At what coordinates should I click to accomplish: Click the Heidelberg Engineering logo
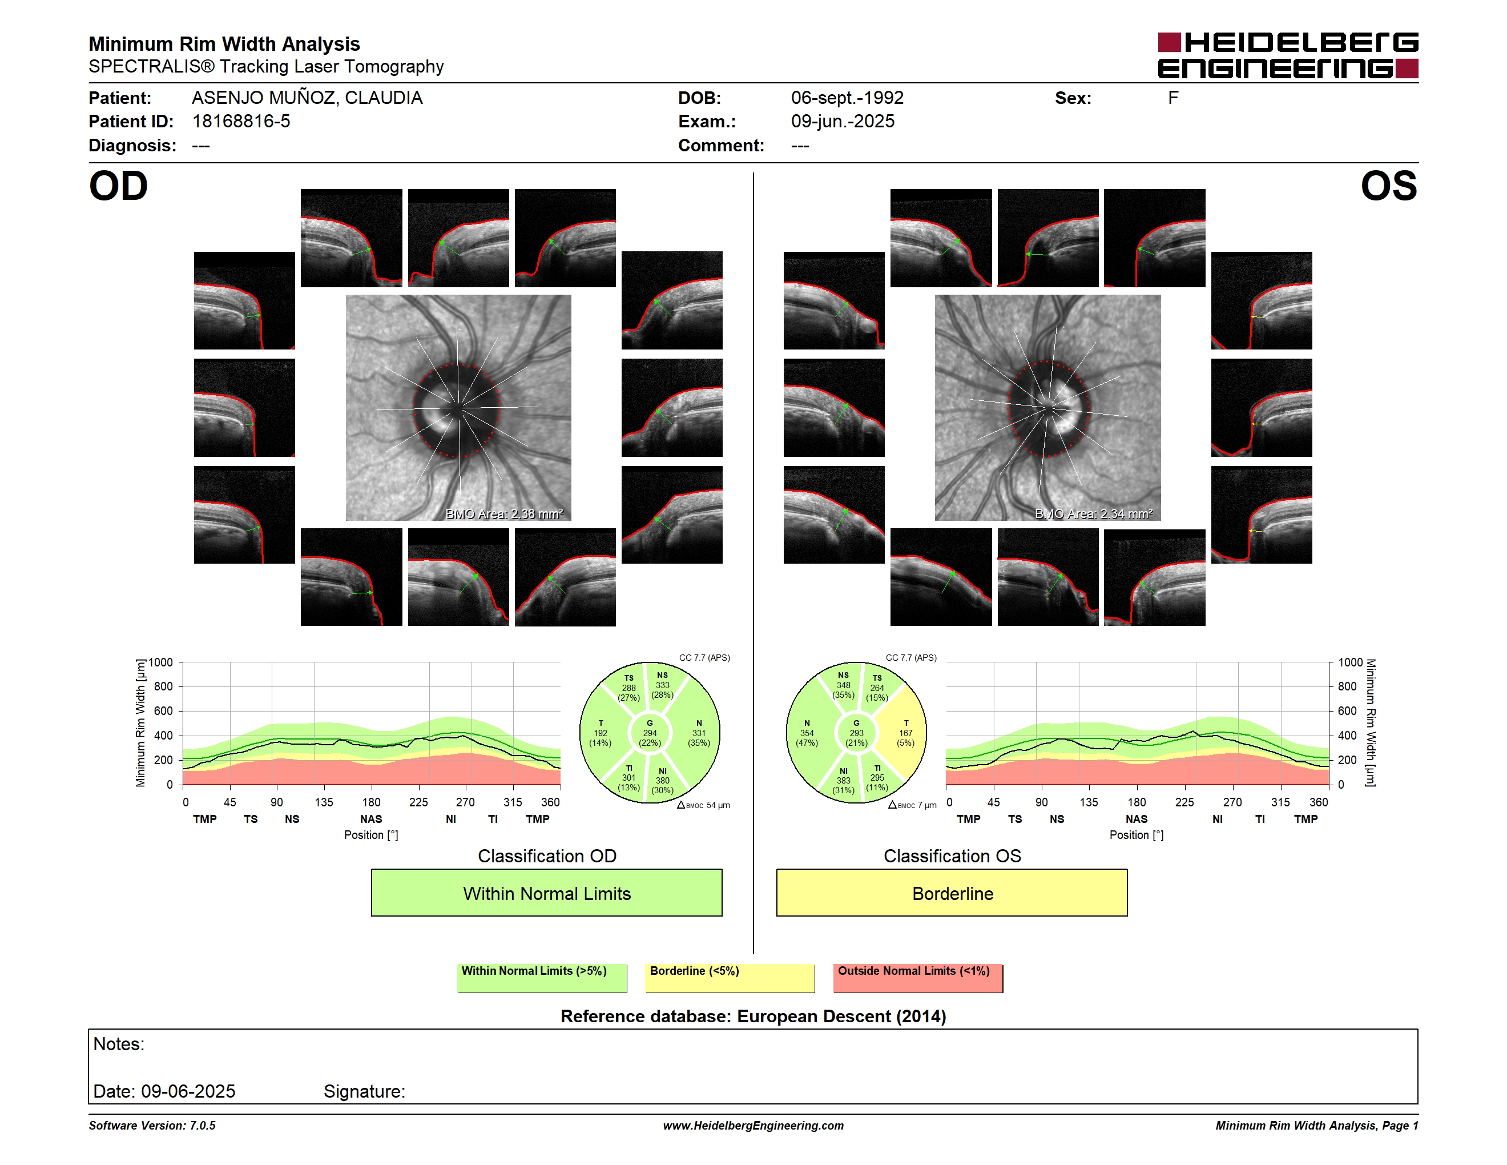1288,55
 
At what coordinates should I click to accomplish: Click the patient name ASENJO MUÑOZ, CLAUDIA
307,98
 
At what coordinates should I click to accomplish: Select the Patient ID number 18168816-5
241,122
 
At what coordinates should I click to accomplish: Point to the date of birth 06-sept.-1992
847,98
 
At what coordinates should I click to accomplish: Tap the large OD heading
118,186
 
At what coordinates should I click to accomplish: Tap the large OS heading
1388,186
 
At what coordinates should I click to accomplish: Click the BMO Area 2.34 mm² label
1094,513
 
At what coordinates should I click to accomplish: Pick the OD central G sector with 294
649,733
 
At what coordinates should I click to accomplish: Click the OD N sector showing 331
698,733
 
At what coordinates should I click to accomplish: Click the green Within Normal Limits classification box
546,893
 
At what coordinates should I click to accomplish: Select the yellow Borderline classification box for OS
952,893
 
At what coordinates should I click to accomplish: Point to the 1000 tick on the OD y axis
161,662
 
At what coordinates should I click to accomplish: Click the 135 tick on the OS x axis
1089,802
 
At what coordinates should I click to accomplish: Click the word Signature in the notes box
364,1091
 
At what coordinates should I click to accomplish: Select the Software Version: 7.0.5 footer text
152,1126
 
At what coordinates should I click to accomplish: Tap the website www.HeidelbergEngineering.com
753,1126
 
